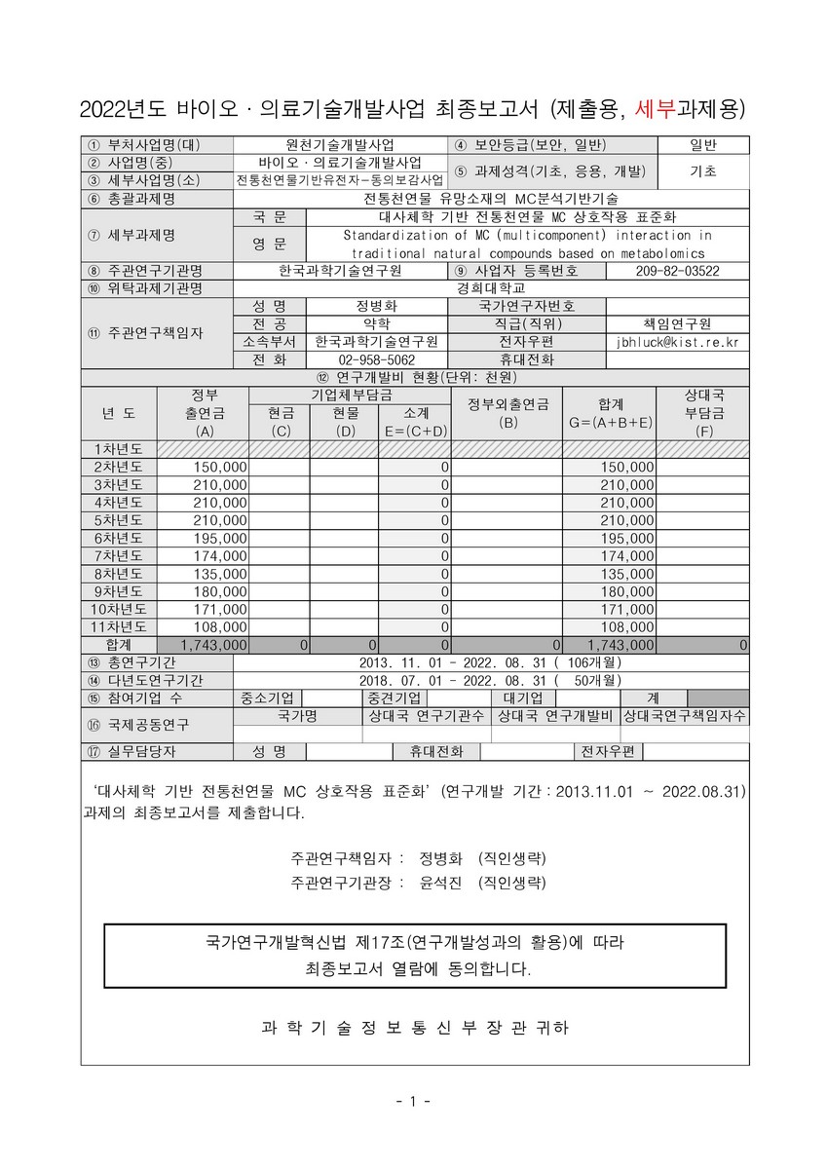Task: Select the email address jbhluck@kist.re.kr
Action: tap(677, 342)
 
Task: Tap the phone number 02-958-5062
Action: tap(376, 359)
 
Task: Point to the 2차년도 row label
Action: tap(117, 468)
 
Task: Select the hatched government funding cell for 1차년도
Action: tap(203, 449)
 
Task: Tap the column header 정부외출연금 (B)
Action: tap(507, 413)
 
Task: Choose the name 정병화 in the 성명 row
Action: tap(376, 306)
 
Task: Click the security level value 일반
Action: tap(702, 145)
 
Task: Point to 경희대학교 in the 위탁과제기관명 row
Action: tap(491, 288)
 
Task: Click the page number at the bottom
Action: tap(413, 1102)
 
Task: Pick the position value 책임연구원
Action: tap(677, 323)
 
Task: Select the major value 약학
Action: tap(376, 323)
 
